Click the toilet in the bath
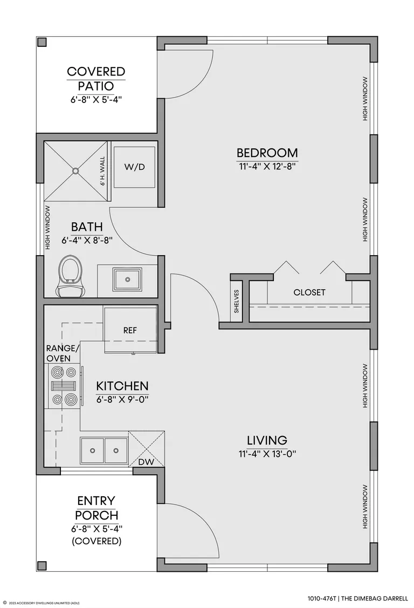(70, 276)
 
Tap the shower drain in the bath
(75, 170)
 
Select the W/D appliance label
(134, 167)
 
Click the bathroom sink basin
(127, 278)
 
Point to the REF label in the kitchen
(130, 330)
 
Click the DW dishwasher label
(147, 462)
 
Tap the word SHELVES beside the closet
(236, 301)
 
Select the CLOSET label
(309, 292)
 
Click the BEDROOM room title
(267, 153)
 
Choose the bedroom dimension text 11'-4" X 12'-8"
(267, 167)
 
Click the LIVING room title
(267, 440)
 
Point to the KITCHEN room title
(122, 386)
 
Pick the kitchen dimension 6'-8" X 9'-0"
(122, 399)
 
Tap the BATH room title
(87, 227)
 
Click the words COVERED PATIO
(96, 78)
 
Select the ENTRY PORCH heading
(96, 508)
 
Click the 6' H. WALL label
(103, 171)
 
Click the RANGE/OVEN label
(63, 353)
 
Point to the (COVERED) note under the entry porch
(97, 541)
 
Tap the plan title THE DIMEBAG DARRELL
(374, 598)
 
